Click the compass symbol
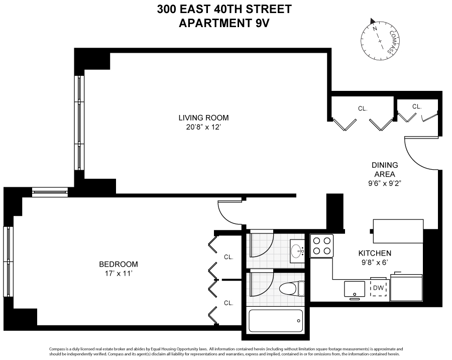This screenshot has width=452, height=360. [x=380, y=39]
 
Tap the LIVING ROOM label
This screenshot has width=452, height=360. [x=203, y=118]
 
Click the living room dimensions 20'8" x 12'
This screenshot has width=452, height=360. [x=203, y=128]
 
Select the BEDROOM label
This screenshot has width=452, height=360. [x=119, y=264]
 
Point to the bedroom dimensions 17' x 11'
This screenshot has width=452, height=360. [x=119, y=274]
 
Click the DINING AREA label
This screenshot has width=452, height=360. [x=385, y=169]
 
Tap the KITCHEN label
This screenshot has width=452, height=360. [x=374, y=253]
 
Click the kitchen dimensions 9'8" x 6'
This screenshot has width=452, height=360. [x=374, y=262]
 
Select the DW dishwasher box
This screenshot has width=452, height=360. [x=379, y=288]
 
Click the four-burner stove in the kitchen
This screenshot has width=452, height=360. [x=322, y=246]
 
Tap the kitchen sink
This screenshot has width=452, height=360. [x=355, y=289]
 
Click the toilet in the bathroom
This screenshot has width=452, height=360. [x=292, y=288]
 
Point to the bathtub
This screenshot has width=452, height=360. [x=276, y=320]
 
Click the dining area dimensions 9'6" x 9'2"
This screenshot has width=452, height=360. [x=385, y=183]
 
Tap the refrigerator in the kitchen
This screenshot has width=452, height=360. [x=406, y=286]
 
